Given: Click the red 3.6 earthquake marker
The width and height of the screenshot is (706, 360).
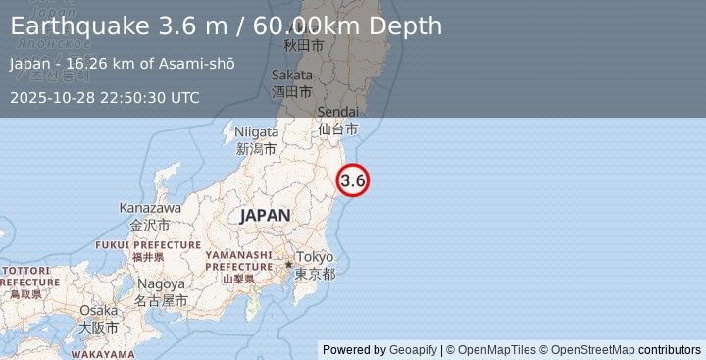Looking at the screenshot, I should [x=353, y=180].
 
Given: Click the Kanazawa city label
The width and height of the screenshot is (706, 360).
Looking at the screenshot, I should [x=150, y=208].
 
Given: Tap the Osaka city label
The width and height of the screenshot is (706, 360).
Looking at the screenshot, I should [x=99, y=311].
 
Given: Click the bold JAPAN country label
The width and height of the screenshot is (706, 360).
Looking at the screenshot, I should [x=265, y=216].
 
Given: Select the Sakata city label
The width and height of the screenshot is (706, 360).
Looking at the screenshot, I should [x=293, y=75].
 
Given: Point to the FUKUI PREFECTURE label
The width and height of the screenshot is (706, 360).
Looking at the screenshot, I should [x=148, y=244].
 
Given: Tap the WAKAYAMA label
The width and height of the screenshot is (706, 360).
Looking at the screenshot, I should [x=103, y=354].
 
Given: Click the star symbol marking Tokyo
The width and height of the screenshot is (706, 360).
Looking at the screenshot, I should [x=288, y=264].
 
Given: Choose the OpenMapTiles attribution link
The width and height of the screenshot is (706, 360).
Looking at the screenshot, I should [x=498, y=350].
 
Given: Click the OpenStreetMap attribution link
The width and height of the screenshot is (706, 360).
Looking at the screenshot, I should [x=591, y=350].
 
